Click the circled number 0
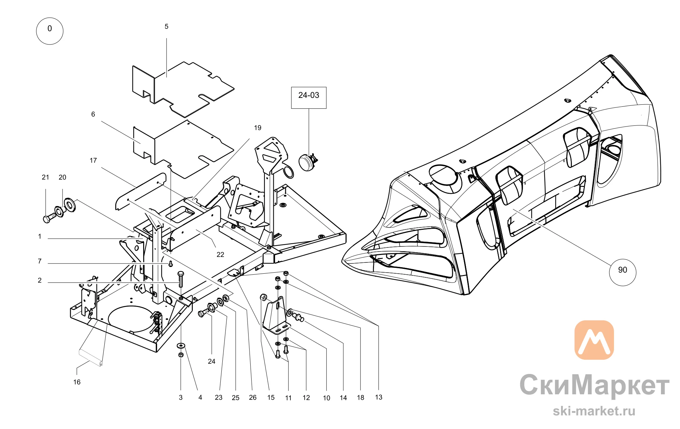(x=50, y=31)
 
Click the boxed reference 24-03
(x=309, y=98)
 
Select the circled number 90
(x=623, y=272)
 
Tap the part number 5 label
(x=167, y=27)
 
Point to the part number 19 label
(x=258, y=128)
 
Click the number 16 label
(x=77, y=382)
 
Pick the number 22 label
(x=220, y=255)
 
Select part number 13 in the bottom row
(x=378, y=397)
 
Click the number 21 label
(x=46, y=177)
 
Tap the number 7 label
(x=40, y=261)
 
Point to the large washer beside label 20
(x=70, y=205)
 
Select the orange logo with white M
(x=594, y=340)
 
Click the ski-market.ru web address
(x=594, y=411)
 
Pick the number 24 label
(x=211, y=361)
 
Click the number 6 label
(x=93, y=115)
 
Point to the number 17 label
(x=93, y=160)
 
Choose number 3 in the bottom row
(x=181, y=398)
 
